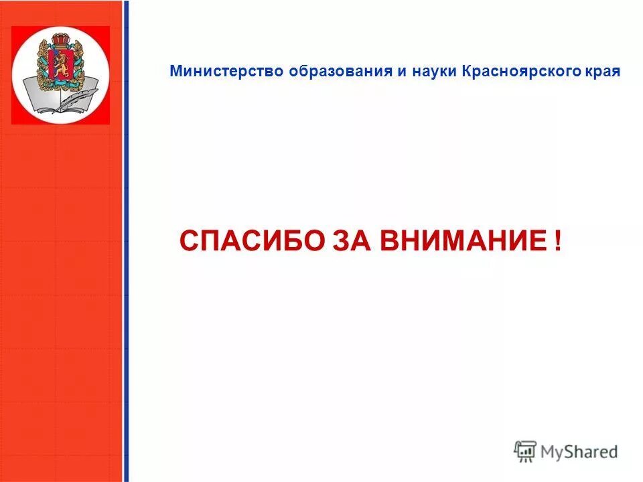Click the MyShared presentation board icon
click(525, 451)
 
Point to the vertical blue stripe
click(126, 268)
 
